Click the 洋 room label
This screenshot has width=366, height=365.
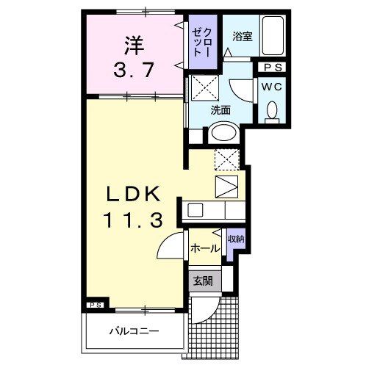coord(132,46)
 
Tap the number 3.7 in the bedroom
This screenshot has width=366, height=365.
coord(132,71)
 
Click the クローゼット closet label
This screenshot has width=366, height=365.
coord(201,39)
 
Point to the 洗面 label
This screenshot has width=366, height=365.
coord(221,111)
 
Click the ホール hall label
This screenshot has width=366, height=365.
coord(205,248)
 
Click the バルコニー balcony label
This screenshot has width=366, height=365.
coord(135,331)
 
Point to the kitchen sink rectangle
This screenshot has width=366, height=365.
coord(195,211)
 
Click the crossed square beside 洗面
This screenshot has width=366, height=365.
coord(203,90)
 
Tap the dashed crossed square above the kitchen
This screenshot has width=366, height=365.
coord(225,159)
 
